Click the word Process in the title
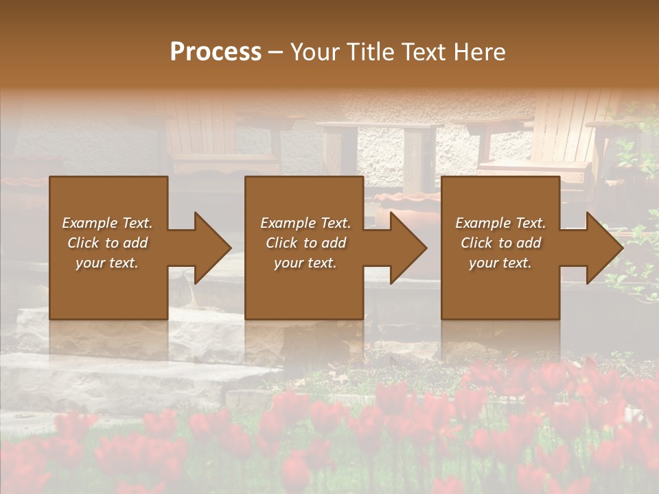(216, 52)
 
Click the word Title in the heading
(369, 52)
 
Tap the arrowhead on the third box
(603, 248)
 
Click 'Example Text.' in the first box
(107, 223)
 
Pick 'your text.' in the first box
(107, 263)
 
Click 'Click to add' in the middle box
(305, 243)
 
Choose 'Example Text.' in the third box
(500, 223)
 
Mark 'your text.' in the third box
(500, 263)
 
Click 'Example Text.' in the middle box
(305, 223)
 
